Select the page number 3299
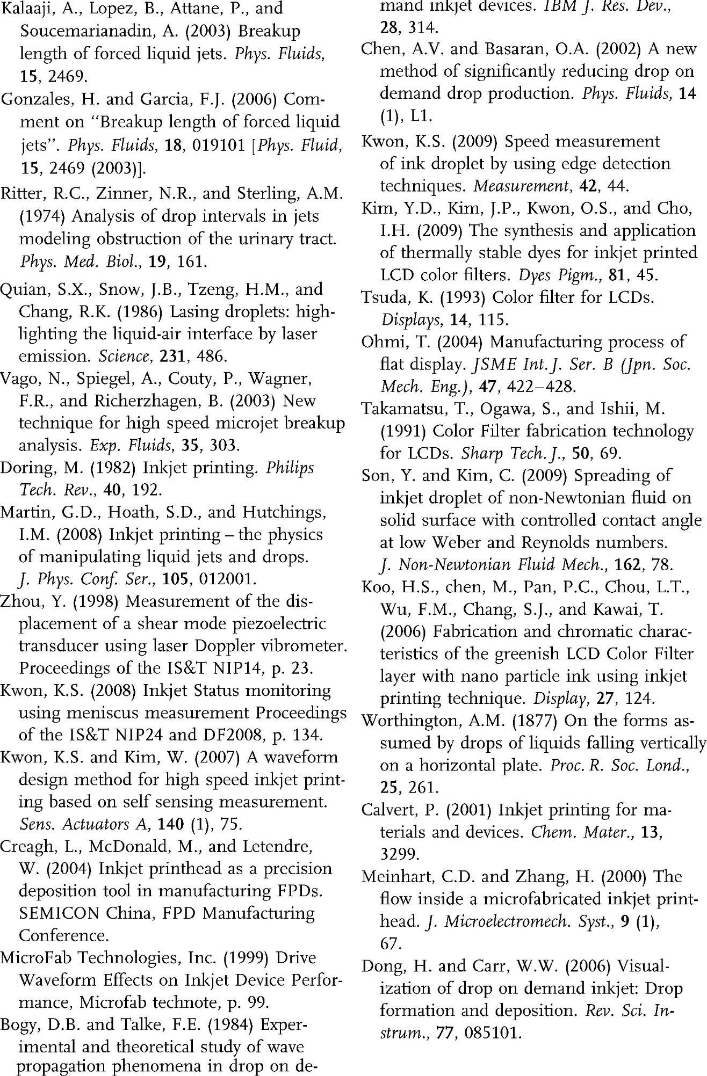tap(398, 854)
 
